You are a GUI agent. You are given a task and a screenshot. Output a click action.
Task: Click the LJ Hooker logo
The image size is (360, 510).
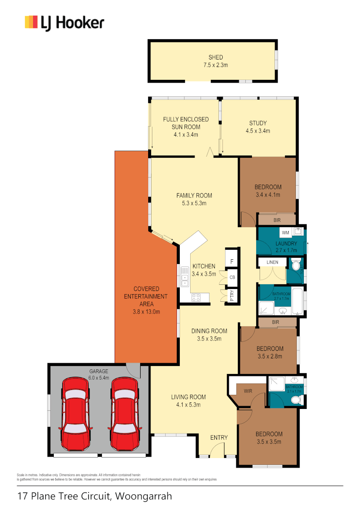tap(64, 22)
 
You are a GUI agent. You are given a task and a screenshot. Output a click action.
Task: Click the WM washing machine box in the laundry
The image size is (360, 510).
tap(285, 233)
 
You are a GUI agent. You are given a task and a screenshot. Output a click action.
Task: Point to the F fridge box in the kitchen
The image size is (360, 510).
tap(232, 262)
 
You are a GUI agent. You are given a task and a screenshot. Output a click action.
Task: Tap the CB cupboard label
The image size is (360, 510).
tap(232, 278)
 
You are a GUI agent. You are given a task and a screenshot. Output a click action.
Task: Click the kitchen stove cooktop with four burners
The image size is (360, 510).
tap(197, 297)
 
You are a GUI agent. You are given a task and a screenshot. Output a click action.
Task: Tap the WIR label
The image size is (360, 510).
tap(248, 391)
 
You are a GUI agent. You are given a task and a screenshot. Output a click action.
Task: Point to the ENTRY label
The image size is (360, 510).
tap(219, 438)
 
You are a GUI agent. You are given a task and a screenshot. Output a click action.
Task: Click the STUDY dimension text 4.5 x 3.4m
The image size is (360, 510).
tap(258, 131)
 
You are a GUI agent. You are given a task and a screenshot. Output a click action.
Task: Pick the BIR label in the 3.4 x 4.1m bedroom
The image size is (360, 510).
tap(276, 220)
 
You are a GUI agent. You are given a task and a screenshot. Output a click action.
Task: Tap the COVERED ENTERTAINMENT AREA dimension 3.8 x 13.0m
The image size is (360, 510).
tap(146, 312)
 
